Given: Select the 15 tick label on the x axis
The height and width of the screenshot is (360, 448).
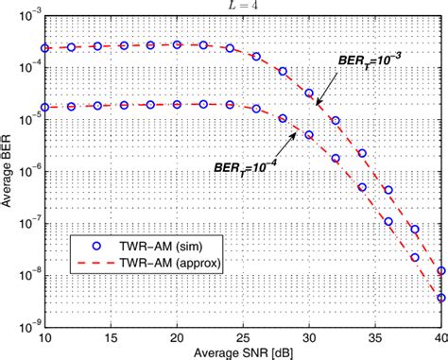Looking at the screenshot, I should [111, 336].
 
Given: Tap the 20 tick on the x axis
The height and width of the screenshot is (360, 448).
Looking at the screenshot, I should [177, 336].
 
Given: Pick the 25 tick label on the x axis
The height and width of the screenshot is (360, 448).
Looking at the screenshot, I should [243, 336].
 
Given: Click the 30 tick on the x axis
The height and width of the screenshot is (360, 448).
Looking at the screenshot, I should [309, 336].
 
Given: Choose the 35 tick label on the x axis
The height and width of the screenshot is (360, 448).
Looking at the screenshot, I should [375, 336].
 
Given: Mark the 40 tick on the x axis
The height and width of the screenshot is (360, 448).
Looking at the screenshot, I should [439, 336].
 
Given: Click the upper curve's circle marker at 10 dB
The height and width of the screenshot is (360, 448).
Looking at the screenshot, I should [45, 48].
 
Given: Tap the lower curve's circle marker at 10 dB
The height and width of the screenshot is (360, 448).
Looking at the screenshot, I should [45, 107].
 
